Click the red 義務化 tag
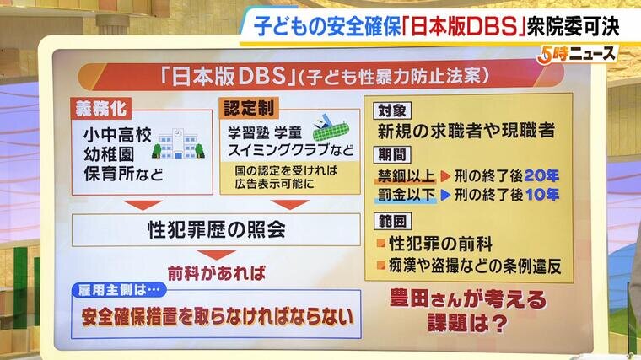tap(101, 108)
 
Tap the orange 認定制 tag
tap(249, 108)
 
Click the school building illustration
tap(178, 144)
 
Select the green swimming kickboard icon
tap(331, 127)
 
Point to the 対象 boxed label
tap(392, 110)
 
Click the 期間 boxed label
tap(392, 154)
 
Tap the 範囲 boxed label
tap(392, 221)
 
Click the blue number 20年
tap(541, 175)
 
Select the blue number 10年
tap(541, 195)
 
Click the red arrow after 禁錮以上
tap(445, 176)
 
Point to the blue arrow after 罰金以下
tap(445, 196)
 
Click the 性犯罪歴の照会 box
tap(216, 229)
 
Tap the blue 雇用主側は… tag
tap(119, 290)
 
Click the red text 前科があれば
tap(216, 273)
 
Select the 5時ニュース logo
tap(577, 55)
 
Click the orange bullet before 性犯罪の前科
tap(381, 244)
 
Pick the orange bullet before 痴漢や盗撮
tap(381, 266)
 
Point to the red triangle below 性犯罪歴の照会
tap(216, 255)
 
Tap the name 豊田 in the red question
tap(410, 298)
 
